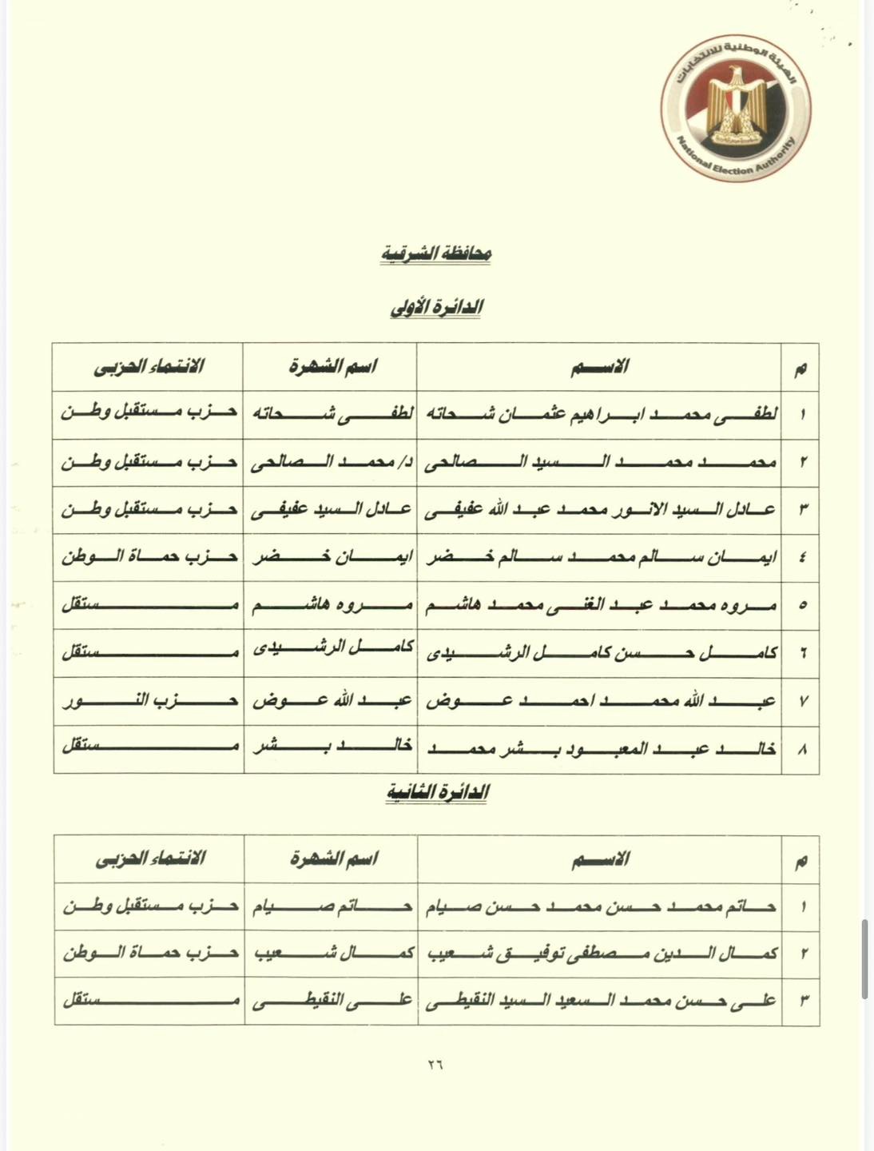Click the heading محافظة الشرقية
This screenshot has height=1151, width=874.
pos(435,254)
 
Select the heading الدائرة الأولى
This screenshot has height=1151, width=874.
pos(435,308)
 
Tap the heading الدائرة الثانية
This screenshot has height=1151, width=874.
pos(437,792)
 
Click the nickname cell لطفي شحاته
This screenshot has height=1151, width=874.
pos(330,414)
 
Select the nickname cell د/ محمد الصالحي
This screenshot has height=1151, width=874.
pos(330,462)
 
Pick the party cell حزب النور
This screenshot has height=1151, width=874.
pos(149,701)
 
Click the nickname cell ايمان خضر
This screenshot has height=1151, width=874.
pos(330,557)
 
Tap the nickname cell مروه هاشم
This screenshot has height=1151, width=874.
pos(330,605)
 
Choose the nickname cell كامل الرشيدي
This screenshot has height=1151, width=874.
pos(330,653)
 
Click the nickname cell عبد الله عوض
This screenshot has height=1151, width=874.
pos(330,701)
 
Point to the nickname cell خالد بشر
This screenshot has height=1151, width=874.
pos(330,749)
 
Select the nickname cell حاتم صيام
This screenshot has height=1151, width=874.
pos(331,906)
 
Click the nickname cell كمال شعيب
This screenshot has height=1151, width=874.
pos(331,954)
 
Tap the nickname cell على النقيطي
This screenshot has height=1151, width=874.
pos(331,1001)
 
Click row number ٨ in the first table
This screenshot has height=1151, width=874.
pos(801,750)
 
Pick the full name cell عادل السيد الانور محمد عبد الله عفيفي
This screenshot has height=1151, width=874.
pos(599,509)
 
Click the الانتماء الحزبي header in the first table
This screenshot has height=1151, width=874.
pos(149,367)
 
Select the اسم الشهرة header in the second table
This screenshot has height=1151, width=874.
pos(332,859)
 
